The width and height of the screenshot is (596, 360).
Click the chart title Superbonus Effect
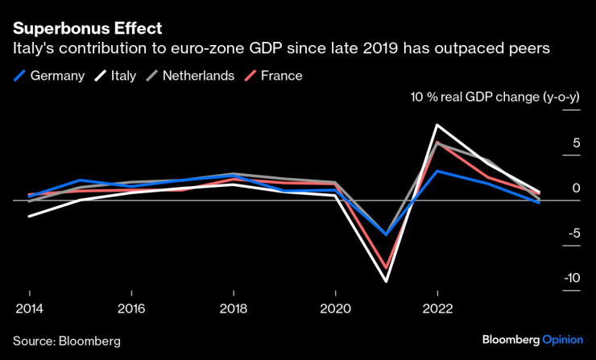click(x=87, y=28)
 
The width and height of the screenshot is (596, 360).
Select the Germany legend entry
click(x=49, y=76)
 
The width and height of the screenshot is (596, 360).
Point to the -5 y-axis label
click(x=573, y=234)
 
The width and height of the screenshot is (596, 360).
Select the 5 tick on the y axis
click(x=577, y=143)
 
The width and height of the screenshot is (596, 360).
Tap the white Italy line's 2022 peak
click(x=437, y=125)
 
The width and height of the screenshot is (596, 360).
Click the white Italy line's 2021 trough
click(x=386, y=281)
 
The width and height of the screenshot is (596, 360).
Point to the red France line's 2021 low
click(x=386, y=267)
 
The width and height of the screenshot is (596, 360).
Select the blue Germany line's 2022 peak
click(x=437, y=171)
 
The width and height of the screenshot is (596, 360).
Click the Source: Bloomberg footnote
click(x=67, y=341)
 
